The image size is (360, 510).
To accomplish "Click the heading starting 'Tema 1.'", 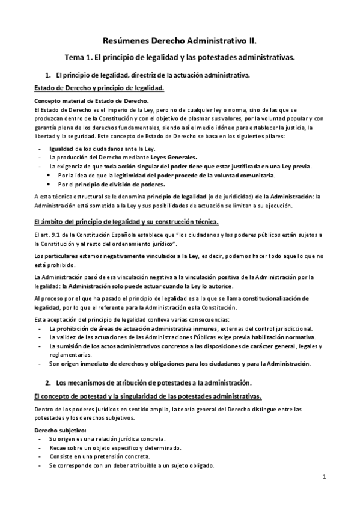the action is coord(180,58).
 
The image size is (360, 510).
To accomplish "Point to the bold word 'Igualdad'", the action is coord(61,148).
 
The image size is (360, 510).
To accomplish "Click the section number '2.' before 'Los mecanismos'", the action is coord(49,382).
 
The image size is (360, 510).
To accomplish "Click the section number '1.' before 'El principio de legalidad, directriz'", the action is coord(48,76).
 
